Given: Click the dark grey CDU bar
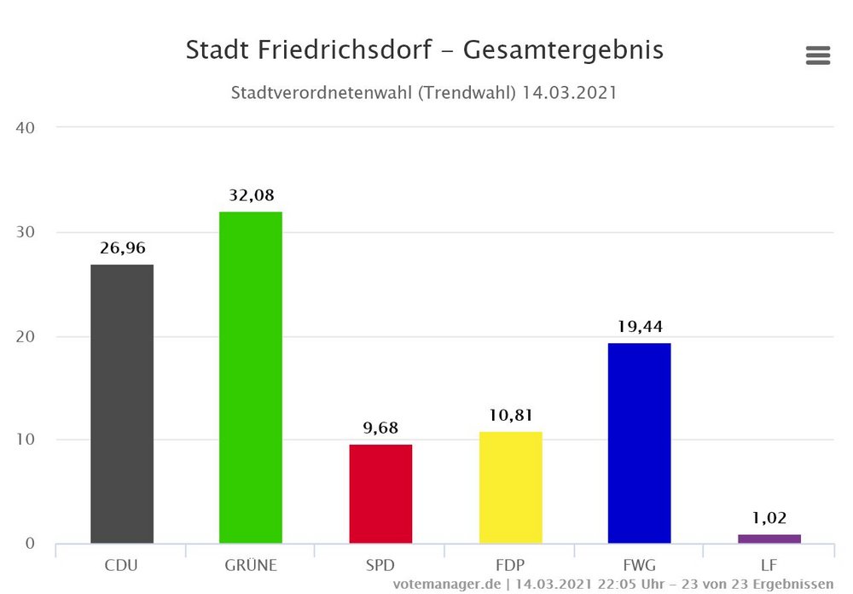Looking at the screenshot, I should click(x=122, y=404).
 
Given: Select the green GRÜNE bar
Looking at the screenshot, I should click(x=251, y=377).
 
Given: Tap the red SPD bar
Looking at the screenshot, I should click(x=380, y=493).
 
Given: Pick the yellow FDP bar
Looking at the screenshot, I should click(x=510, y=487).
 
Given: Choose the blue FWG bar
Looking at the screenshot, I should click(x=639, y=443).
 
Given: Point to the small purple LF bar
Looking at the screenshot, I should click(x=769, y=539).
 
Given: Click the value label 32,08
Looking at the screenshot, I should click(x=251, y=195).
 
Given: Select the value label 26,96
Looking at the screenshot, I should click(x=122, y=248).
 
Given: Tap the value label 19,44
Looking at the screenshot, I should click(x=639, y=326).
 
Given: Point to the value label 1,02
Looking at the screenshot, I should click(x=769, y=517).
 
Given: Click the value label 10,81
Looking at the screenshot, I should click(x=510, y=416).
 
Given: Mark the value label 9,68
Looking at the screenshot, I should click(x=380, y=428).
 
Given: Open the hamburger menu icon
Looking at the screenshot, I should click(x=817, y=56).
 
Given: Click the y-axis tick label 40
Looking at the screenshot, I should click(x=24, y=128).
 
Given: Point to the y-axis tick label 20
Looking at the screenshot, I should click(x=24, y=336).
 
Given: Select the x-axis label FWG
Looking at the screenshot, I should click(x=639, y=565).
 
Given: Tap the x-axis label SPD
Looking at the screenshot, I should click(x=380, y=565).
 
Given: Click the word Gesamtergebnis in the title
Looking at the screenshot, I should click(x=563, y=51).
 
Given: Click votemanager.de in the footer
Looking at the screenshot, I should click(x=445, y=585).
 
